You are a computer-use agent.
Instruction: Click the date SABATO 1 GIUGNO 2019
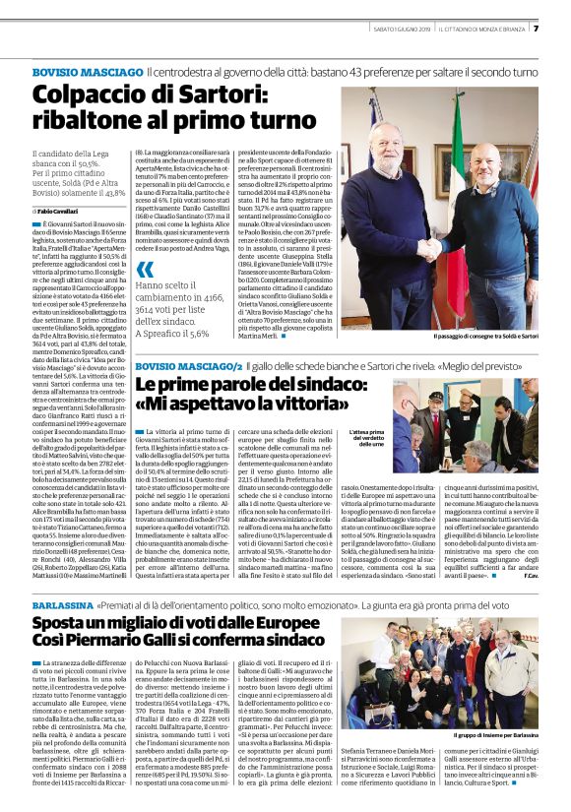tap(403, 29)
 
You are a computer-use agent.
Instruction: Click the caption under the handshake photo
tap(473, 336)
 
